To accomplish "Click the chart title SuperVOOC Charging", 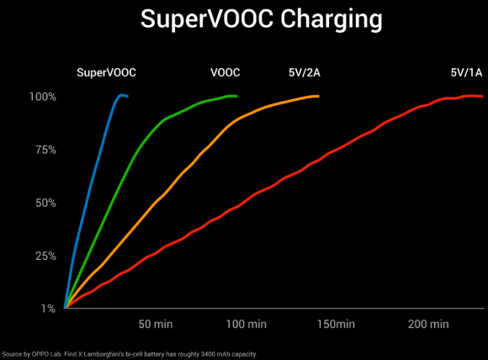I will click(x=244, y=20).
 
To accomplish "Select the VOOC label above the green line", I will click(x=225, y=73).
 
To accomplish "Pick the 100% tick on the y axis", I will click(x=41, y=97).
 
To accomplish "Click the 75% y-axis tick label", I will click(x=43, y=150).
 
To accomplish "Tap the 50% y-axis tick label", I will click(x=43, y=203).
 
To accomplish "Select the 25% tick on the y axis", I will click(x=43, y=256).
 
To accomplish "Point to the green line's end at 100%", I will click(x=236, y=96).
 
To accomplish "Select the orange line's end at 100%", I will click(x=318, y=96).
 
